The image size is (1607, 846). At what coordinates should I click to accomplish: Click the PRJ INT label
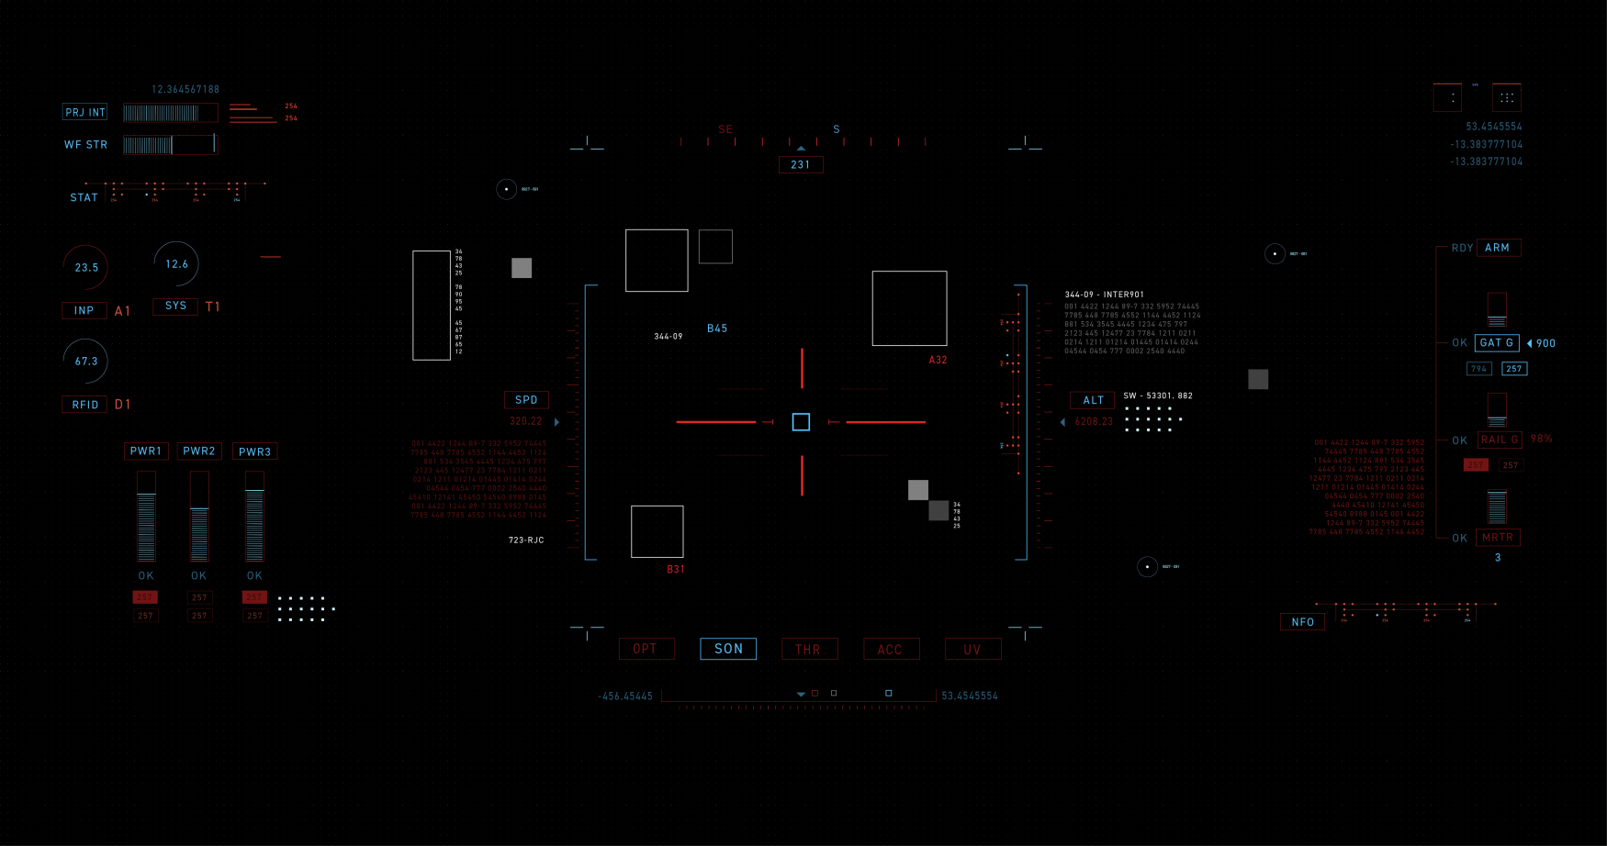[85, 112]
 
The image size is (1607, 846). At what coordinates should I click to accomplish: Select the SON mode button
[728, 649]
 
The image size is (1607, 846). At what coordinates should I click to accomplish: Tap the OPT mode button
[646, 649]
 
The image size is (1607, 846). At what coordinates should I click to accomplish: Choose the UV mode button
[972, 650]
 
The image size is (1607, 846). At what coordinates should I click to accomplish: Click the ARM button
[1498, 248]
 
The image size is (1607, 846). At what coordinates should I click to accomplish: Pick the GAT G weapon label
[1497, 342]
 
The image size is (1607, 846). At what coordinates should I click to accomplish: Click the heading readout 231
[801, 165]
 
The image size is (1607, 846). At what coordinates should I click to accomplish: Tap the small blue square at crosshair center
[801, 422]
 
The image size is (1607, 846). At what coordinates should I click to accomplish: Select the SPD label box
[526, 400]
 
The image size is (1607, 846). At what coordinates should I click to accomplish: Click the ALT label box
[1093, 400]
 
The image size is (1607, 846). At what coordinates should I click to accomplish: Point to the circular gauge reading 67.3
[86, 362]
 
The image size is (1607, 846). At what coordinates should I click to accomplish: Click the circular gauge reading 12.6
[176, 264]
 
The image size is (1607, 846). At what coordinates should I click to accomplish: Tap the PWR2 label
[199, 451]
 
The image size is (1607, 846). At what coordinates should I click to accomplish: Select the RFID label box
[85, 405]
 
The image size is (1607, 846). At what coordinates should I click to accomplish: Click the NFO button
[1302, 622]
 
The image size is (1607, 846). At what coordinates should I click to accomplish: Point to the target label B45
[717, 328]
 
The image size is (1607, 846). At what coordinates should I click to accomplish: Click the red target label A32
[938, 360]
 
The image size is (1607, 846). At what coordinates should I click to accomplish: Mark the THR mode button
[809, 650]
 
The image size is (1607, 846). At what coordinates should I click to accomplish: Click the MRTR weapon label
[1498, 538]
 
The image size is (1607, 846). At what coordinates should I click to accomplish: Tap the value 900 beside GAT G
[1545, 343]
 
